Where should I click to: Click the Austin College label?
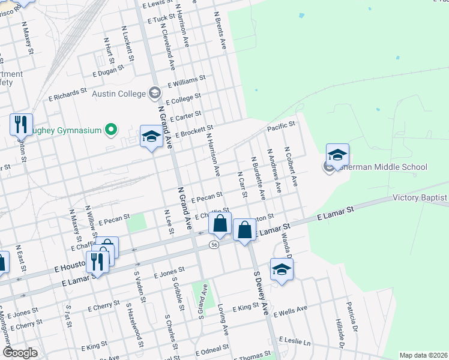coord(119,94)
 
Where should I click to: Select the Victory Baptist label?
coord(420,197)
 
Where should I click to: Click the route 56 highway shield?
coord(214,245)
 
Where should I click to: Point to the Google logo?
coord(20,353)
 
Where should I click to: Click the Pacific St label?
coord(282,125)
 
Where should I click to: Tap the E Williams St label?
coord(187,81)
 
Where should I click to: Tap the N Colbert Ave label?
coord(291,167)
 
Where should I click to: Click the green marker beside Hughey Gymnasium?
coord(110,129)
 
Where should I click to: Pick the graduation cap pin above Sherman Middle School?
coord(337,155)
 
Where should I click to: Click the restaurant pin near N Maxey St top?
coord(21,124)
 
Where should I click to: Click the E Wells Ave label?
coord(290,311)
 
